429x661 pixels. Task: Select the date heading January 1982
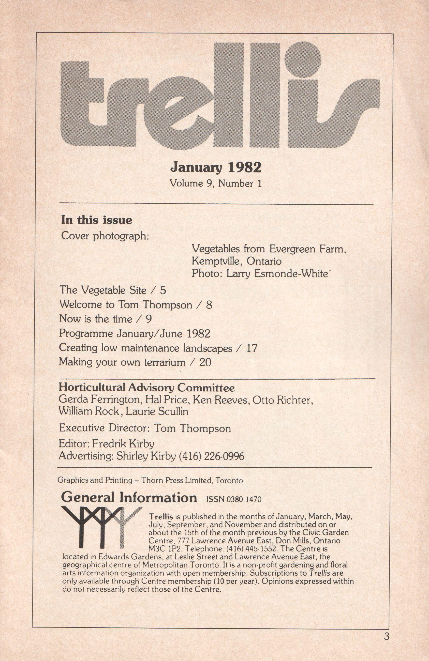click(x=216, y=168)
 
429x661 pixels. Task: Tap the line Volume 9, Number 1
click(x=216, y=184)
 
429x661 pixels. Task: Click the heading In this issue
click(x=97, y=220)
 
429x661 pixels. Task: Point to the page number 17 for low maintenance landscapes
click(x=252, y=348)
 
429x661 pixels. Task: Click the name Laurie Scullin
click(x=157, y=411)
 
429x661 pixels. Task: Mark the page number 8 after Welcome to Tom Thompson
click(x=209, y=305)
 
